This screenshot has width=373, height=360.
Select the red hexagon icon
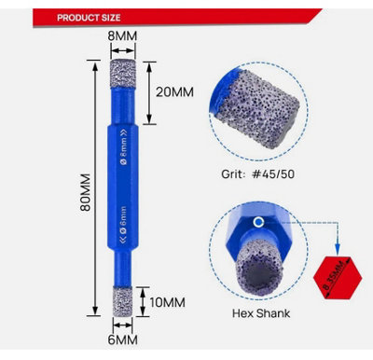pyautogui.click(x=337, y=272)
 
